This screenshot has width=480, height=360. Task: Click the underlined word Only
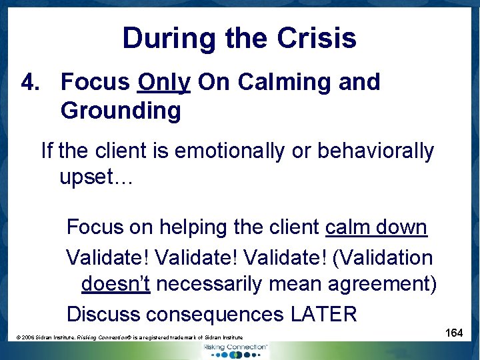[x=164, y=82]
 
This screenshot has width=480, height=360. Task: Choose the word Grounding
[x=121, y=111]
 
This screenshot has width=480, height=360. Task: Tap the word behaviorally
[x=375, y=151]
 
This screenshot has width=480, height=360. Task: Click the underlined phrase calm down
[x=376, y=227]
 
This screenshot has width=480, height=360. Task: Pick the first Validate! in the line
[x=107, y=257]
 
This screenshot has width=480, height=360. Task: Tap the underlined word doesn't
[x=116, y=284]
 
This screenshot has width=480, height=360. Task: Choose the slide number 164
[x=454, y=333]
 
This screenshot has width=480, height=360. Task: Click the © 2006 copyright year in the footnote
[x=28, y=338]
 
